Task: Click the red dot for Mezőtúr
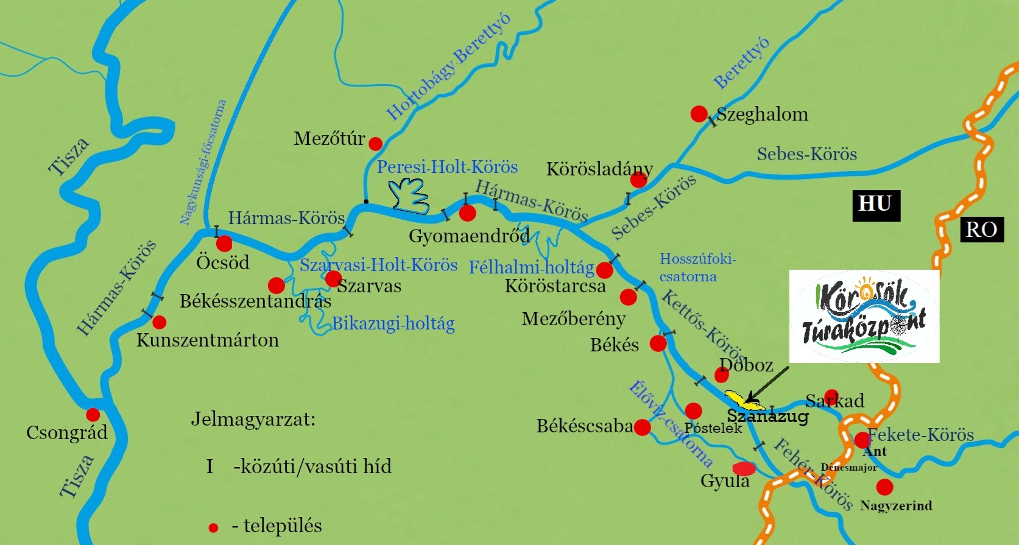click(x=376, y=144)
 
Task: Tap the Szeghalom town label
click(x=762, y=114)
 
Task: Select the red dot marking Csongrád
click(x=93, y=415)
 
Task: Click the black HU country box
click(x=875, y=205)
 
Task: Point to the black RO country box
click(x=981, y=230)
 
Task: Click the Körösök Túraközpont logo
click(x=864, y=317)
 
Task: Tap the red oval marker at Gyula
click(x=744, y=468)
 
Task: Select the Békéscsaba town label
click(x=585, y=426)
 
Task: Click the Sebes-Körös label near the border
click(x=806, y=154)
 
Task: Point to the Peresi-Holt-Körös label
click(x=447, y=167)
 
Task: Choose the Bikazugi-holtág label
click(x=393, y=323)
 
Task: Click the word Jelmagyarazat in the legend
click(x=253, y=420)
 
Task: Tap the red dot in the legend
click(x=213, y=527)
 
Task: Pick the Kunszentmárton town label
click(x=207, y=340)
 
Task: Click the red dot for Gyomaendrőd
click(x=467, y=213)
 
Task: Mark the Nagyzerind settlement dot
click(x=884, y=487)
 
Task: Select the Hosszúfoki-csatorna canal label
click(x=697, y=267)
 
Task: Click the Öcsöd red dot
click(x=224, y=244)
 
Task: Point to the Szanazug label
click(x=767, y=417)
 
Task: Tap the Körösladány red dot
click(x=638, y=180)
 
